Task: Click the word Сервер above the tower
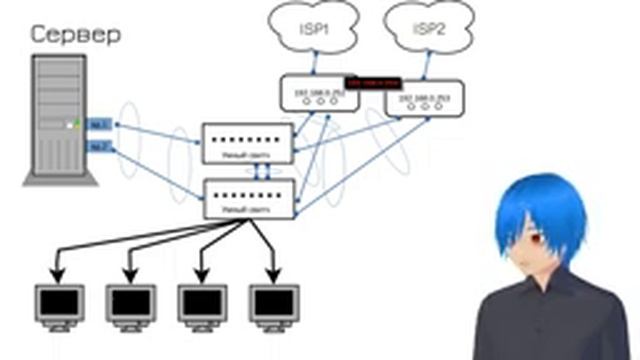pyautogui.click(x=76, y=35)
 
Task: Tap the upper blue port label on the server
pyautogui.click(x=98, y=125)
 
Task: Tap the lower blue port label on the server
pyautogui.click(x=98, y=148)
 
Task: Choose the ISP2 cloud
pyautogui.click(x=428, y=29)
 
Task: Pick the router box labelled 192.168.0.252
pyautogui.click(x=312, y=93)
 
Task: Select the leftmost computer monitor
pyautogui.click(x=57, y=302)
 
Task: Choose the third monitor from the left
pyautogui.click(x=201, y=302)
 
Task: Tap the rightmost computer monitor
pyautogui.click(x=272, y=302)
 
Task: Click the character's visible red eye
pyautogui.click(x=537, y=240)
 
